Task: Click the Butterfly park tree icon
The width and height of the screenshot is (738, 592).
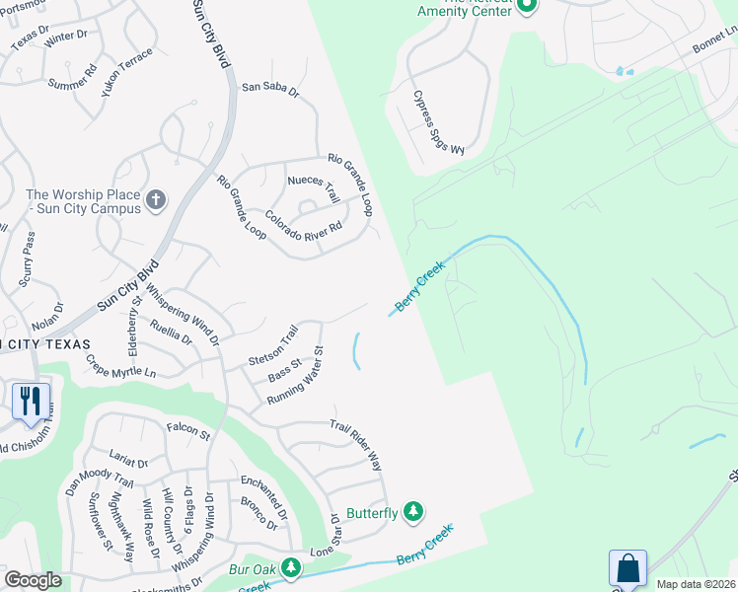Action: (x=415, y=511)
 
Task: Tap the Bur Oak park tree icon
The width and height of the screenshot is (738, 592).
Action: (x=291, y=567)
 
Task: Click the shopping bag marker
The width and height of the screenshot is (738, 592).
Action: (x=627, y=568)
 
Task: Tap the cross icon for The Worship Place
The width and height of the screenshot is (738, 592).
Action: (x=155, y=201)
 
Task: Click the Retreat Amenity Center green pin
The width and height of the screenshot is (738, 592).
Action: (x=527, y=5)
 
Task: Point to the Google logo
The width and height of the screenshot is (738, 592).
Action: (x=34, y=580)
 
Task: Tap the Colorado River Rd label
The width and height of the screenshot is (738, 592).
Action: (x=302, y=220)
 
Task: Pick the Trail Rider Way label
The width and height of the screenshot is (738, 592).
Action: (x=355, y=443)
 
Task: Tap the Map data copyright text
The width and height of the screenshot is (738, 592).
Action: (x=696, y=584)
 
